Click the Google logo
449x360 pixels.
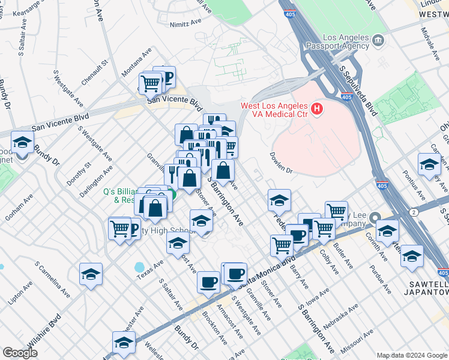20,353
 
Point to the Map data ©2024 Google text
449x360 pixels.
411,355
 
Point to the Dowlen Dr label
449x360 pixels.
280,164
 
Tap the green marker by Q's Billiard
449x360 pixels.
171,194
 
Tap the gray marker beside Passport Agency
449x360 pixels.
378,41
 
